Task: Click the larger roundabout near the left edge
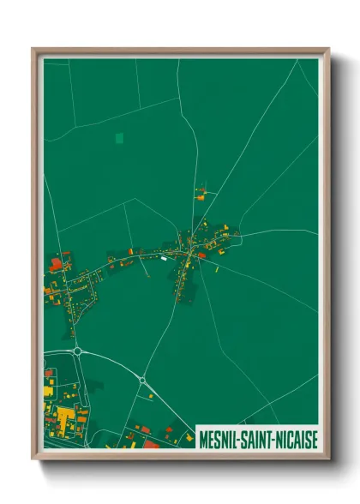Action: [x=78, y=351]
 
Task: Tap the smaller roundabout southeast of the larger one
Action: [x=142, y=380]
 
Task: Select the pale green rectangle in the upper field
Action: [x=118, y=137]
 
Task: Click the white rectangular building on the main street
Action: [x=163, y=255]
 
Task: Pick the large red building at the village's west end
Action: [x=57, y=264]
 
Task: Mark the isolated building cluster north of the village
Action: [x=201, y=193]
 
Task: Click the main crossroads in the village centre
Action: [x=189, y=251]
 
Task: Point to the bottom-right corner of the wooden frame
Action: [x=328, y=457]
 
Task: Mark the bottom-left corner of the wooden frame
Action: [x=33, y=457]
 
